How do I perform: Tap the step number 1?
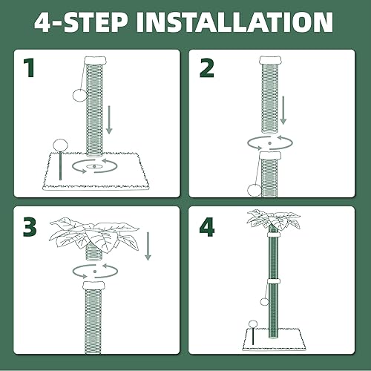[29, 68]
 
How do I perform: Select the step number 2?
[206, 68]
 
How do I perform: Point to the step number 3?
[30, 227]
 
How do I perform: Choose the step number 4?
[207, 227]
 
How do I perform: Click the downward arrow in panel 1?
[109, 120]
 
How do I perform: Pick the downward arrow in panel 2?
[283, 111]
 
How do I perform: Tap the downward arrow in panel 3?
[148, 246]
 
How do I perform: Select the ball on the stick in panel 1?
[60, 145]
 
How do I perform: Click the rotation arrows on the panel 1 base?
[94, 166]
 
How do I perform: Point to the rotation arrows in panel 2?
[270, 142]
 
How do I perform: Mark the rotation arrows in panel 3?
[95, 272]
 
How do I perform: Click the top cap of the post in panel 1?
[95, 60]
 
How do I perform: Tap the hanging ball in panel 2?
[255, 191]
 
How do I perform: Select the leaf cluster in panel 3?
[94, 236]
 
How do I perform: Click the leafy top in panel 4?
[274, 220]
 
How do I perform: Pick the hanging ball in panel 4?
[264, 302]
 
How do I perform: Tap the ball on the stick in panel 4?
[253, 324]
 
